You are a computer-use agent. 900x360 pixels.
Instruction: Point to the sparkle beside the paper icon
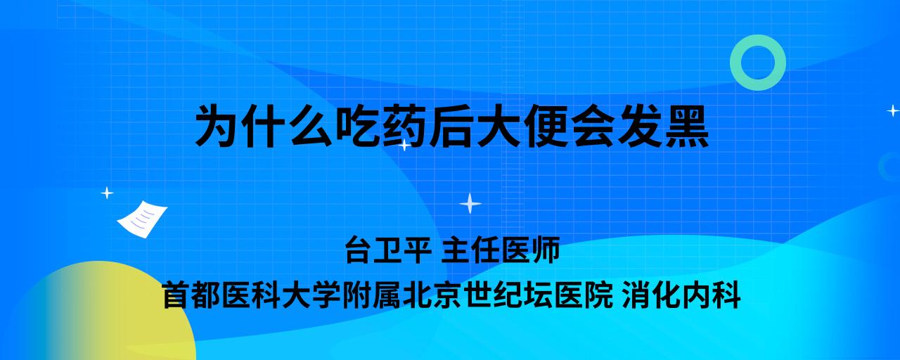(107, 193)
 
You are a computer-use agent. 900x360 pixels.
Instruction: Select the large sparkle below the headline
(470, 203)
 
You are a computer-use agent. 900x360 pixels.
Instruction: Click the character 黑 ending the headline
(687, 126)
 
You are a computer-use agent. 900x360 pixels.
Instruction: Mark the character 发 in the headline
(640, 126)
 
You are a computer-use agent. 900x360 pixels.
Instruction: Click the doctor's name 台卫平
(388, 250)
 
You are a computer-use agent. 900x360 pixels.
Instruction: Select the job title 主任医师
(501, 250)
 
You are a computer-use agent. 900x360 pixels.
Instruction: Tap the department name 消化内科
(681, 295)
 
